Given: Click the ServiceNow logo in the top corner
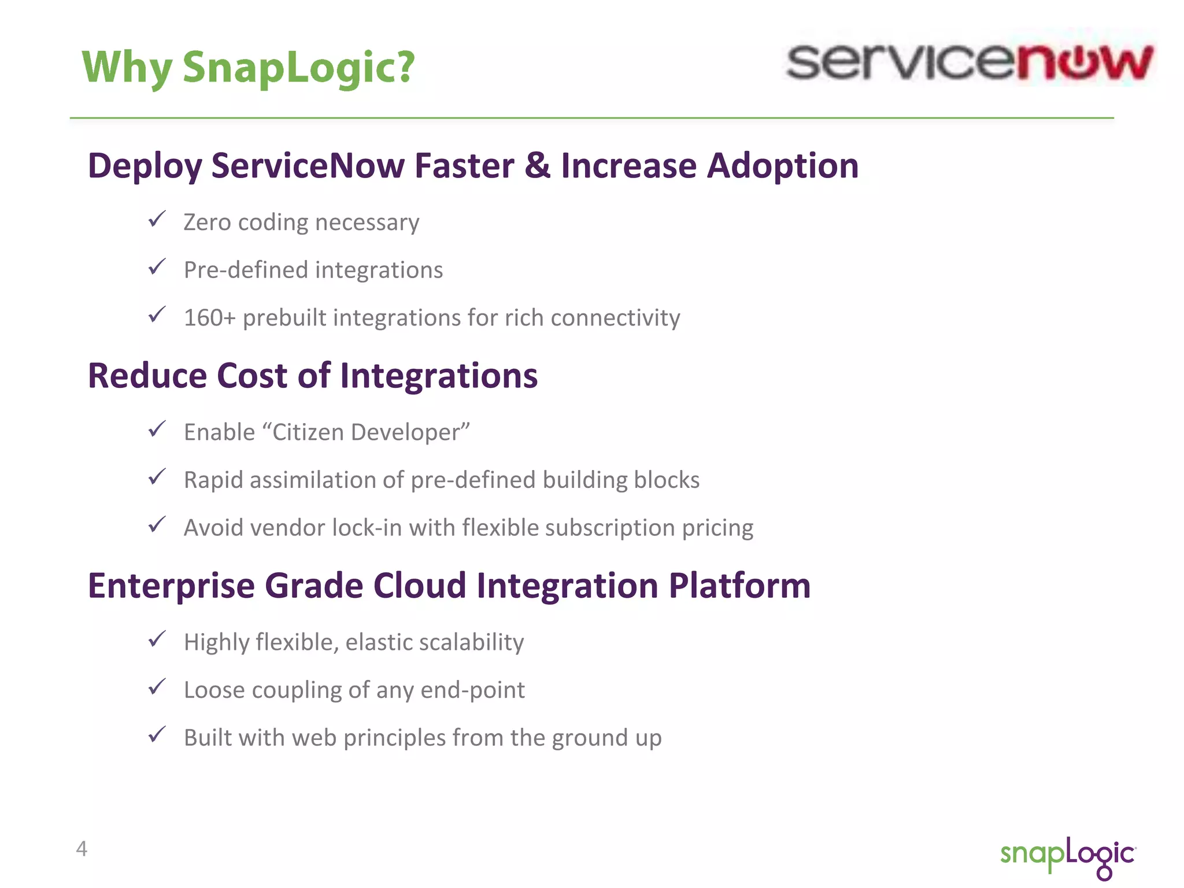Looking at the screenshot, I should (970, 62).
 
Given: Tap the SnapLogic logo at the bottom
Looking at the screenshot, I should (1068, 856).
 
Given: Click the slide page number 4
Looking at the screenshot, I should (82, 849).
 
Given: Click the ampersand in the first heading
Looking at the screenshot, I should (537, 166).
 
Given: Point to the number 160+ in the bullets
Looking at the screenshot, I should (209, 318).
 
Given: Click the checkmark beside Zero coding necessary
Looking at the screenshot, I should (157, 220).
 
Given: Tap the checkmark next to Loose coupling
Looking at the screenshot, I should (157, 687).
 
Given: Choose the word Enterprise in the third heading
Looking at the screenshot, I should (171, 586).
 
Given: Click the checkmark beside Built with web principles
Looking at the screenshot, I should (157, 735).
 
